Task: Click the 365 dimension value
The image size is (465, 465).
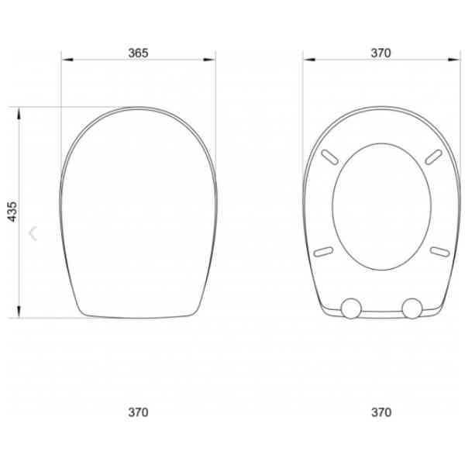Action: click(x=138, y=53)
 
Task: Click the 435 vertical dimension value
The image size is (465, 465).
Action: click(x=12, y=212)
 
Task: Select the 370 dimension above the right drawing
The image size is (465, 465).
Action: click(x=381, y=53)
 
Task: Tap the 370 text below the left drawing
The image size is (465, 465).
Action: click(x=138, y=412)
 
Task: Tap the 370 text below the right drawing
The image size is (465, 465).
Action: click(x=381, y=412)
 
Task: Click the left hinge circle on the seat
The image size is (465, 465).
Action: click(x=351, y=308)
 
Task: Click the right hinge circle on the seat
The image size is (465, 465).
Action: click(x=412, y=308)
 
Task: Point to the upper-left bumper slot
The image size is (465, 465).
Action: click(x=330, y=157)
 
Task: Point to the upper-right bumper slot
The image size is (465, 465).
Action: click(x=433, y=157)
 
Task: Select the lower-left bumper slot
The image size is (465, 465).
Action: click(x=323, y=251)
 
